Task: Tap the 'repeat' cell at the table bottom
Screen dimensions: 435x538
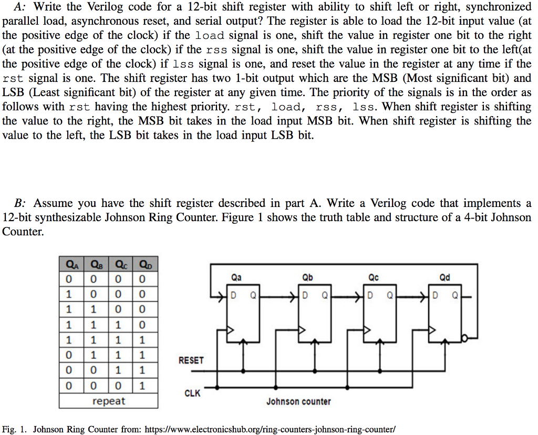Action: click(x=108, y=401)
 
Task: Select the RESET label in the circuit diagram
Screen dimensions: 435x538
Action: click(x=191, y=360)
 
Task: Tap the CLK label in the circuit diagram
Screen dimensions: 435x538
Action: click(x=192, y=393)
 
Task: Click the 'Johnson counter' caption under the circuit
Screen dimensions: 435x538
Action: click(x=298, y=402)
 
